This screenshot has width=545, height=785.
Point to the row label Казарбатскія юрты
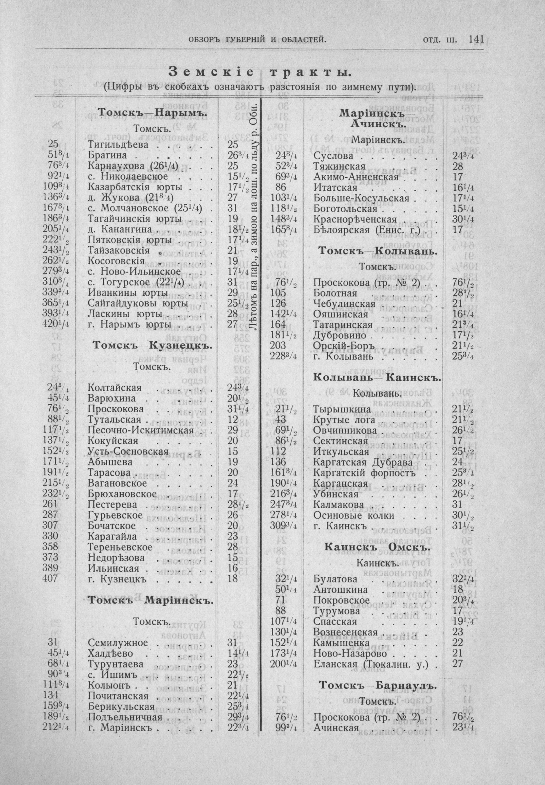pos(135,188)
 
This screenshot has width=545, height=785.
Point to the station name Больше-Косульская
pos(361,198)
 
